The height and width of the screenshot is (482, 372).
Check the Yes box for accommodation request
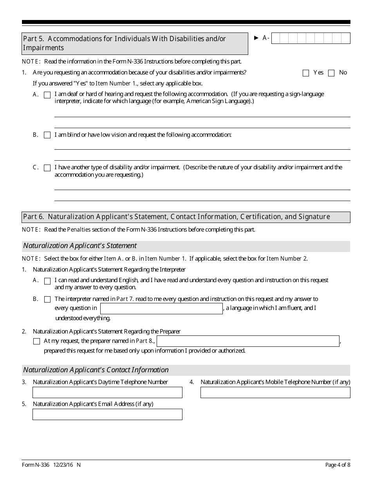(306, 73)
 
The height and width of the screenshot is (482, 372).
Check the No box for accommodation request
(331, 73)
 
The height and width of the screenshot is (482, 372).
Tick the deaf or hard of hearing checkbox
(47, 95)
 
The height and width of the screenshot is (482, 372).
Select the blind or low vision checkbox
(47, 135)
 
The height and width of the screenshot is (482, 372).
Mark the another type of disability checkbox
(47, 168)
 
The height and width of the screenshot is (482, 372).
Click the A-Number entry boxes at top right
(311, 38)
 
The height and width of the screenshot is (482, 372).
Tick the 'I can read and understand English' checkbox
(47, 281)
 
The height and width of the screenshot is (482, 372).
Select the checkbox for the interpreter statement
(47, 299)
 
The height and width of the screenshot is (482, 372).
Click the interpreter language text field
(161, 308)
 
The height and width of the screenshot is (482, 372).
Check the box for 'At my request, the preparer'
(36, 341)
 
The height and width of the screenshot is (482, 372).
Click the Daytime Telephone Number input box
(107, 392)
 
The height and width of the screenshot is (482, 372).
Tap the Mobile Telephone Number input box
(275, 392)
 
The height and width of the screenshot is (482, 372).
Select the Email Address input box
(107, 414)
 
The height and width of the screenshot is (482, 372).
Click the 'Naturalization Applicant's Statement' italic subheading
(80, 246)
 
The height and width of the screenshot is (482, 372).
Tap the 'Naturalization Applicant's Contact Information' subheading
(96, 370)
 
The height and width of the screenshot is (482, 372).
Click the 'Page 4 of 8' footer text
(338, 465)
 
